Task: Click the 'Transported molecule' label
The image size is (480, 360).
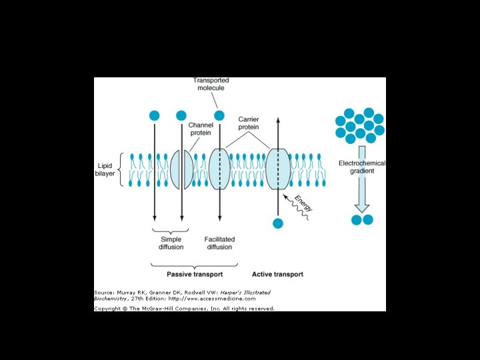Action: [211, 85]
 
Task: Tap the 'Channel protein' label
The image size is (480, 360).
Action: [201, 128]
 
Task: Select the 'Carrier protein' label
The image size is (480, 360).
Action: [249, 123]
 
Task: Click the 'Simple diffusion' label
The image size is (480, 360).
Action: [171, 243]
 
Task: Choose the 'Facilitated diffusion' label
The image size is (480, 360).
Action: [219, 243]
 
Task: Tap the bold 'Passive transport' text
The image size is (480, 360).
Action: [195, 274]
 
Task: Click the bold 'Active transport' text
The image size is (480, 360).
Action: [277, 274]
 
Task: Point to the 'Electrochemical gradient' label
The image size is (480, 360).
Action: [362, 167]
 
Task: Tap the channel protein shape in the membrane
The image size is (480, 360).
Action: [181, 169]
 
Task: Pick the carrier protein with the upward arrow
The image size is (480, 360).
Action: [278, 169]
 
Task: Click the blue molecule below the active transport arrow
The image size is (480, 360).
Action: [278, 223]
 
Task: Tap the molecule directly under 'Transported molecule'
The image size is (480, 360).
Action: [219, 115]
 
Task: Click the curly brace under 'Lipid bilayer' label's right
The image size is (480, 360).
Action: [121, 169]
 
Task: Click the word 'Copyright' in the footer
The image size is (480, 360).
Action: [107, 309]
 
